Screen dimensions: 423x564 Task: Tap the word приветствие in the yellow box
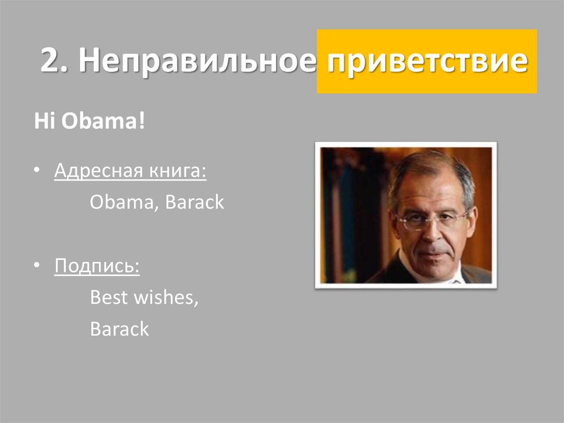426,61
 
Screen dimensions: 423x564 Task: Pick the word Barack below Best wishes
120,329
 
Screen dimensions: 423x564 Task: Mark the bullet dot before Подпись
36,267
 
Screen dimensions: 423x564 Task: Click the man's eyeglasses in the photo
433,220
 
